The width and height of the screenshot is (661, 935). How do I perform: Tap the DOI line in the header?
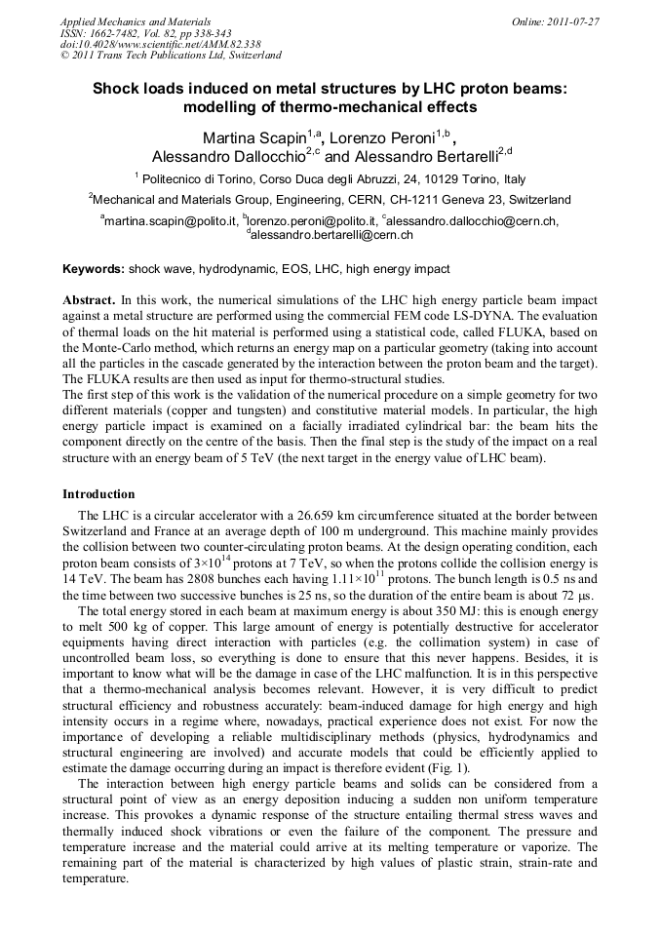tap(146, 44)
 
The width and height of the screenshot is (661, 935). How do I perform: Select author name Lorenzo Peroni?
tap(382, 135)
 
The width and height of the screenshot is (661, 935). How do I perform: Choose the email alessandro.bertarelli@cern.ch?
tap(332, 235)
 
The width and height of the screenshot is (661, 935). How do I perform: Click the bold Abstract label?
tap(89, 300)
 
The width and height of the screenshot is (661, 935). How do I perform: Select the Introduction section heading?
tap(98, 494)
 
